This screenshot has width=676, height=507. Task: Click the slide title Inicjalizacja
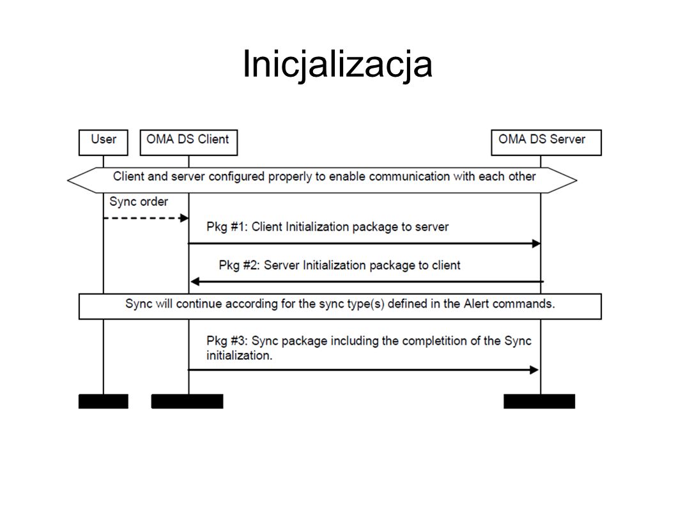point(337,65)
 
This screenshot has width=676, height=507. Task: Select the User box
point(104,143)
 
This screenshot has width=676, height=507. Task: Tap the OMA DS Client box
point(188,143)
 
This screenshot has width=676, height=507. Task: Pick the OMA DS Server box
point(546,143)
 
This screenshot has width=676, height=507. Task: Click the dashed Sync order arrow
point(146,218)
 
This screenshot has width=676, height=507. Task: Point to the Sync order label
point(139,201)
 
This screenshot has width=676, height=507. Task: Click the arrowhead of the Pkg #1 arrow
point(536,244)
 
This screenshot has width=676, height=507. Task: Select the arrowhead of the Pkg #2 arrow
point(195,282)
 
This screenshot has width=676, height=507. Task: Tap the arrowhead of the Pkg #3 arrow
point(534,370)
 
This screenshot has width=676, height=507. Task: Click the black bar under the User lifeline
point(104,402)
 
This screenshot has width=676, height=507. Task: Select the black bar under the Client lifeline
point(187,402)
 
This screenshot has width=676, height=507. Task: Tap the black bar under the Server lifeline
point(539,402)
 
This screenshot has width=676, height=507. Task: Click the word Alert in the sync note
point(477,304)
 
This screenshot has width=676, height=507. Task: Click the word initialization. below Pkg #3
point(239,355)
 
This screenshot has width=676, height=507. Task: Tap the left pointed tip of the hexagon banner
point(68,180)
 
